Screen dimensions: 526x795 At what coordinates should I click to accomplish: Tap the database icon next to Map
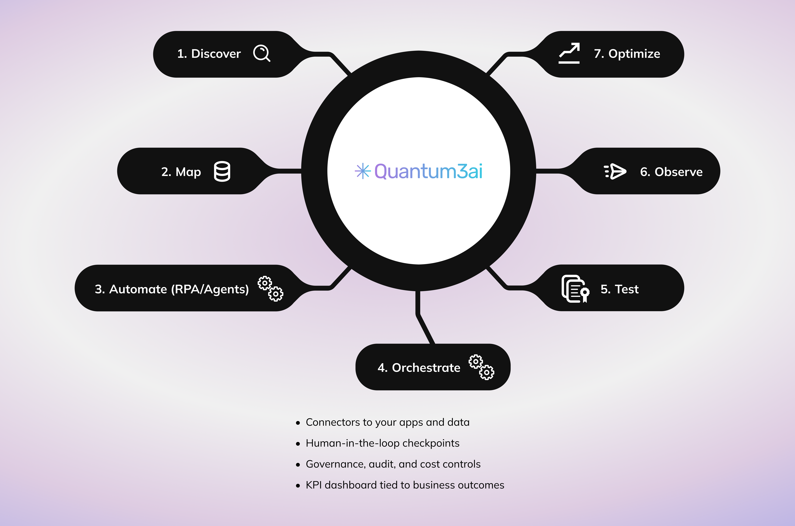point(222,171)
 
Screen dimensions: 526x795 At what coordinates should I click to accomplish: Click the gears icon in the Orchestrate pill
point(481,367)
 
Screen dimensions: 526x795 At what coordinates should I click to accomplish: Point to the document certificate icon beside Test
point(575,289)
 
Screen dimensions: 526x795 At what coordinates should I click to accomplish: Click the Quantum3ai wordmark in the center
point(428,171)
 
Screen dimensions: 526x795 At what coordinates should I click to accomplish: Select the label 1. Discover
point(209,54)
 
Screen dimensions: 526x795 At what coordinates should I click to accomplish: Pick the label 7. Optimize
point(627,54)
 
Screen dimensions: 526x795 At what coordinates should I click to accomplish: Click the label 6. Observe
point(671,172)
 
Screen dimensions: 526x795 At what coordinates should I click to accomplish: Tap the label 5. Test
point(619,289)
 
